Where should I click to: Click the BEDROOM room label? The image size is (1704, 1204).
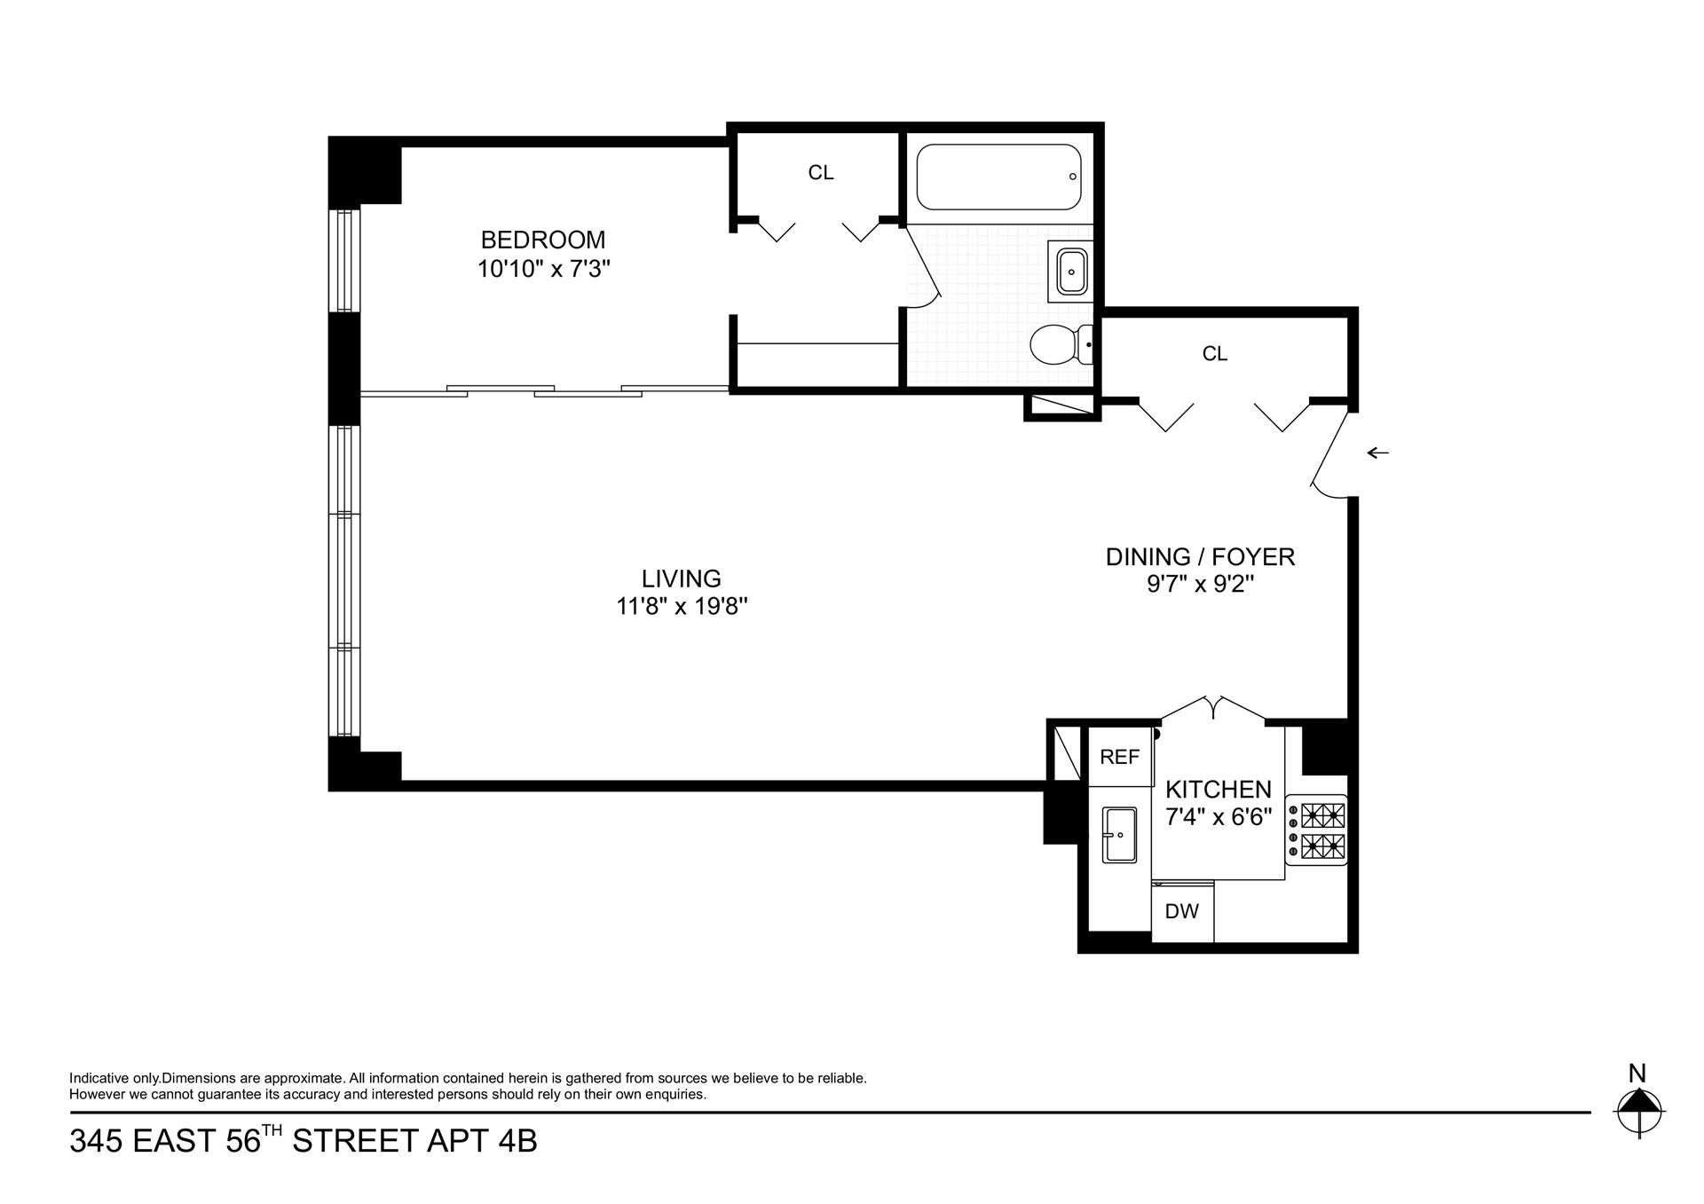point(542,240)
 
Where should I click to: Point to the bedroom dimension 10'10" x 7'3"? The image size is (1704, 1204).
point(542,269)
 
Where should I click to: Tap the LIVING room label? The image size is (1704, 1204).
point(681,578)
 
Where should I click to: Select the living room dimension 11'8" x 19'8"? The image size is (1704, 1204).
point(681,607)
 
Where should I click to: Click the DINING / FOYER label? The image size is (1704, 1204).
point(1199,557)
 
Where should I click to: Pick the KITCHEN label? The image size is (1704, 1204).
point(1218,789)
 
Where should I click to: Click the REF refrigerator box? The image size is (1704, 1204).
point(1119,757)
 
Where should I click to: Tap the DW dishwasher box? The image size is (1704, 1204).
point(1181,911)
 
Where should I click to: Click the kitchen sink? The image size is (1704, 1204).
point(1119,834)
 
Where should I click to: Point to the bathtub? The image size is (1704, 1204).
point(998,177)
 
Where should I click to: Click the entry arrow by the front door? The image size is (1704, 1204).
point(1377,453)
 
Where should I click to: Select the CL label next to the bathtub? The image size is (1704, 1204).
point(820,173)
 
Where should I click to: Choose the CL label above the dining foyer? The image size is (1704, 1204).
point(1214,354)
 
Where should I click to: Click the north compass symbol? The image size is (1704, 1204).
point(1638,1109)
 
